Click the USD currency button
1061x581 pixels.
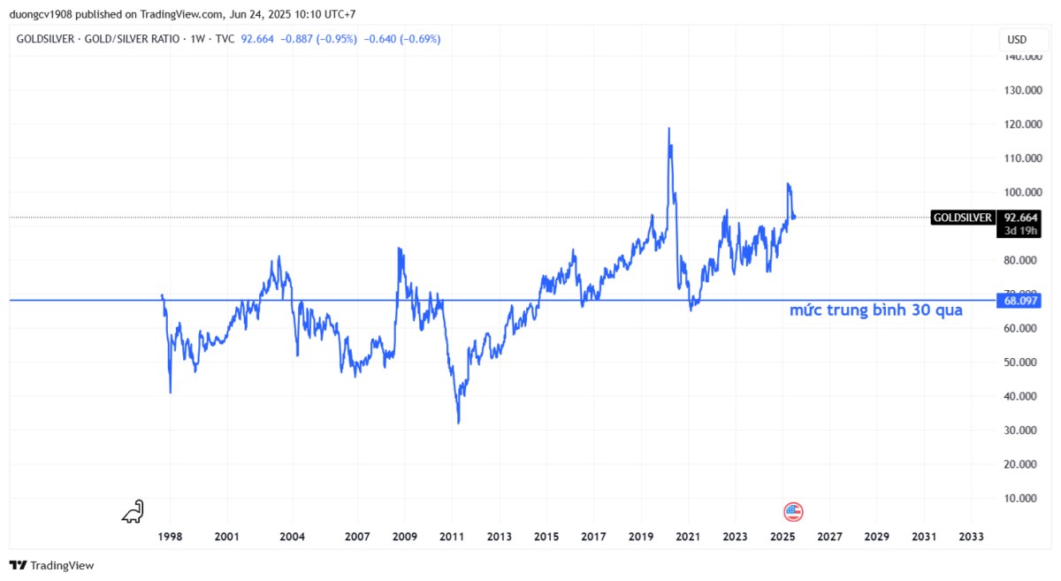click(x=1017, y=40)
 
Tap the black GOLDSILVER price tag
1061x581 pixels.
click(x=962, y=218)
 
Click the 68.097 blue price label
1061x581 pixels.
click(x=1021, y=301)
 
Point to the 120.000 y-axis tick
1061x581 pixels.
click(x=1021, y=125)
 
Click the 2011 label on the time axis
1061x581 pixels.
click(x=452, y=537)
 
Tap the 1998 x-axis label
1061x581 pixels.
click(x=170, y=537)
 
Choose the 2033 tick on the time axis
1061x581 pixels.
click(x=971, y=537)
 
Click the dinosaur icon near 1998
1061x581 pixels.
click(x=133, y=511)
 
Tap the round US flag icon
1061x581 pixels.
click(x=793, y=511)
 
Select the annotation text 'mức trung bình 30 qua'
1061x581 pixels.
click(x=875, y=310)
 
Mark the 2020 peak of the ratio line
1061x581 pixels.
click(x=668, y=128)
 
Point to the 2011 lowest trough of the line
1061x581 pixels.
click(x=458, y=423)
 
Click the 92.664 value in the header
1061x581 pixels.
click(x=258, y=39)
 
